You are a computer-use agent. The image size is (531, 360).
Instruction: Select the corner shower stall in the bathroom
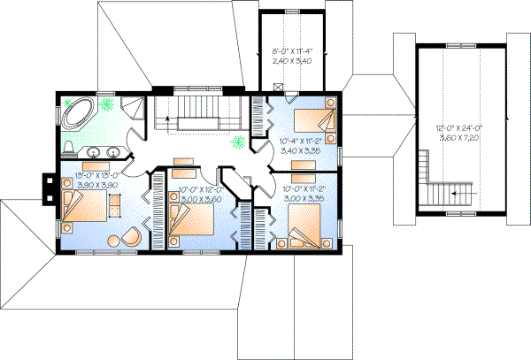(x=132, y=111)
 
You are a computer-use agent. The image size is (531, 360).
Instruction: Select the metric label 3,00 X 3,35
(x=303, y=200)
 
